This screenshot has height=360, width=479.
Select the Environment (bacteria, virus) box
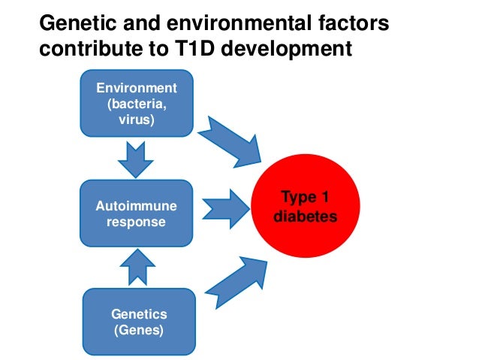coord(135,104)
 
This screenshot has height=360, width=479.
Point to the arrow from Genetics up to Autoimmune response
coord(137,267)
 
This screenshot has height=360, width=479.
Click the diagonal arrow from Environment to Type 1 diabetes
coord(233,141)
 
